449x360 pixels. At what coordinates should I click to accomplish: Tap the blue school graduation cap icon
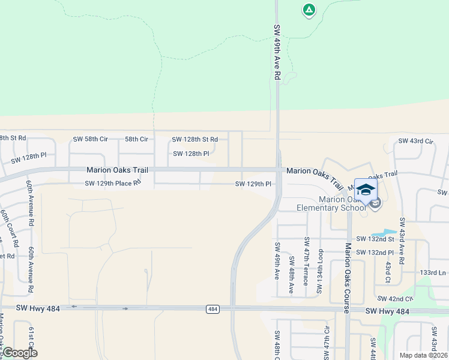(366, 190)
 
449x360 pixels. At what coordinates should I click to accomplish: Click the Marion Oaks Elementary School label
(332, 203)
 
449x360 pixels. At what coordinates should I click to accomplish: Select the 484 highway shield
(212, 309)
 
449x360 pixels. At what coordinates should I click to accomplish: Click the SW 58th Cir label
(90, 139)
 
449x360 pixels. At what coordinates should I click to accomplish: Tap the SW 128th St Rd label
(194, 139)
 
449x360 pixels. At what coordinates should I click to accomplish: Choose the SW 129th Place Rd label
(113, 183)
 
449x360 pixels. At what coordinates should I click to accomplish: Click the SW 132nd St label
(378, 239)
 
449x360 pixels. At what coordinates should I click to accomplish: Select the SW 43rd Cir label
(415, 141)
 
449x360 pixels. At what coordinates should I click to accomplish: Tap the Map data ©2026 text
(423, 355)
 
